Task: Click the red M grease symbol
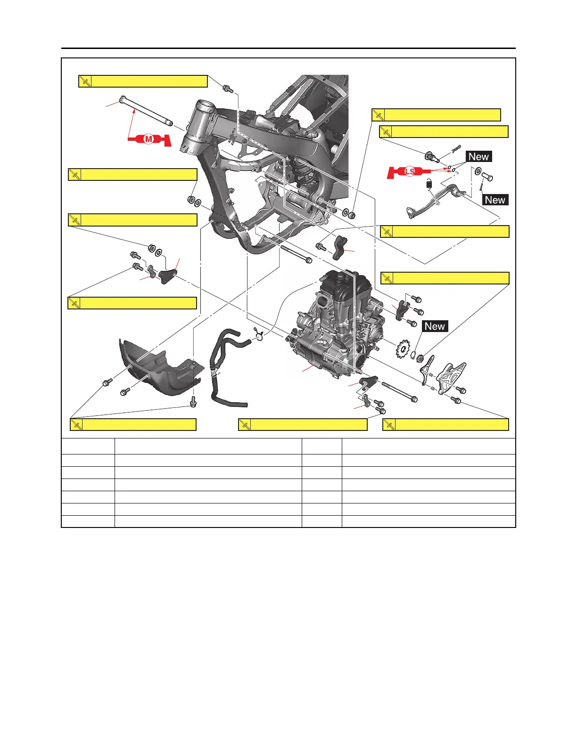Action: click(x=149, y=139)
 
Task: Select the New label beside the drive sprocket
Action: click(x=434, y=326)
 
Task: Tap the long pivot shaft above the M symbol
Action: click(x=146, y=112)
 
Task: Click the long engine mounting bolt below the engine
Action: click(x=399, y=391)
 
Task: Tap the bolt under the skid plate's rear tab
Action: click(x=192, y=403)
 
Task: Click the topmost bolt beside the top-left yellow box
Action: click(x=228, y=88)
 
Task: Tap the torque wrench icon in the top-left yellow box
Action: click(x=85, y=81)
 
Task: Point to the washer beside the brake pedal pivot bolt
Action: click(x=478, y=171)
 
